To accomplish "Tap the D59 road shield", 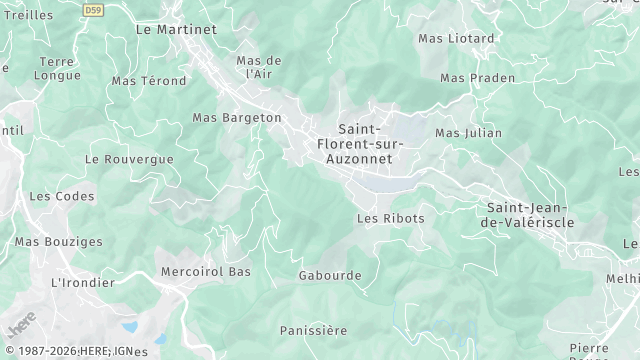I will [94, 10].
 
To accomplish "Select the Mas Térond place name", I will [149, 81].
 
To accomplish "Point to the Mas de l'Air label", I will [259, 67].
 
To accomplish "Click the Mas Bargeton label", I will [237, 118].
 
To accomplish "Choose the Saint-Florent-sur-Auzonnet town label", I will [359, 144].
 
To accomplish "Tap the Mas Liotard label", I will [456, 39].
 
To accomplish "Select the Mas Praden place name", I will [478, 78].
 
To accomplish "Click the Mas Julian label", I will [469, 133].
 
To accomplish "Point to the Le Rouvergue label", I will [130, 159].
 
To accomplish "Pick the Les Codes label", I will [54, 196].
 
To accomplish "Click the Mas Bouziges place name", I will [59, 242].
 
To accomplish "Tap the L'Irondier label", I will [77, 283].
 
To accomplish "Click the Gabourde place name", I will [331, 275].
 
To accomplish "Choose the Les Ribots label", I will [391, 218].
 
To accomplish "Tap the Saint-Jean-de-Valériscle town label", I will [530, 215].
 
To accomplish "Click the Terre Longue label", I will [56, 67].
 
